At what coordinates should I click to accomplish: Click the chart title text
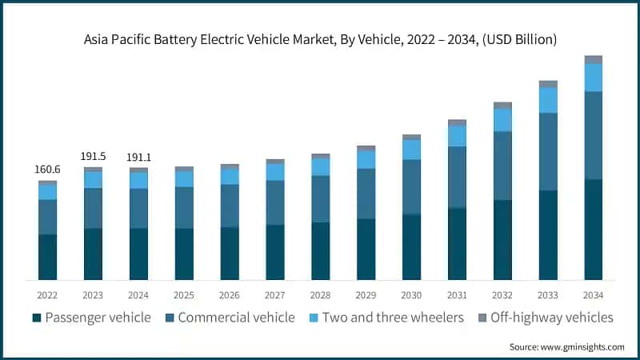point(320,38)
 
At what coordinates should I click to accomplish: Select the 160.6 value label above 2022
point(47,170)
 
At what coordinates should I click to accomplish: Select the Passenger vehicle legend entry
point(91,318)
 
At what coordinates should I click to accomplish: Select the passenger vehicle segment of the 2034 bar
point(593,230)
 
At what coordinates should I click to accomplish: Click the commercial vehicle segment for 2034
point(593,135)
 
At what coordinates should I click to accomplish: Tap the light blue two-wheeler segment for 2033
point(548,100)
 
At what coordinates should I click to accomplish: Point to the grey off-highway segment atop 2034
point(593,60)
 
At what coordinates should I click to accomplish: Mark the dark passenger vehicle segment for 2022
point(47,257)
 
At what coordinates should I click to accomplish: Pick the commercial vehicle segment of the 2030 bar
point(411,187)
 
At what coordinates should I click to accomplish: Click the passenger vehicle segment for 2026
point(230,254)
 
